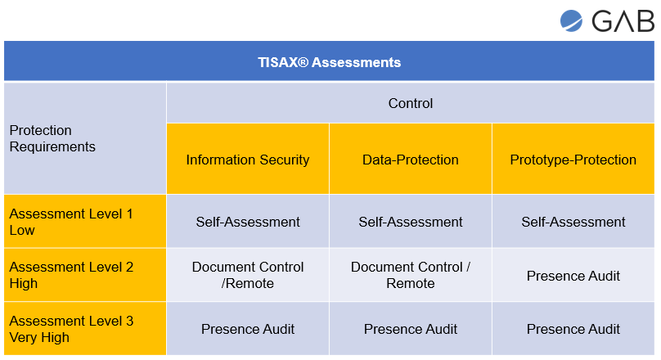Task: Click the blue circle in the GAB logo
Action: tap(571, 20)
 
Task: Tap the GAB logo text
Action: tap(623, 21)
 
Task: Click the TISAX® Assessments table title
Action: tap(329, 62)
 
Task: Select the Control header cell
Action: tap(410, 103)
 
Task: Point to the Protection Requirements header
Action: tap(52, 138)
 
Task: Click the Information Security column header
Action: tap(247, 160)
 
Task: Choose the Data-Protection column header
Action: tap(410, 160)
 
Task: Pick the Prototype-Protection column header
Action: tap(573, 160)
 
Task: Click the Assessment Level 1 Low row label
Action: tap(71, 222)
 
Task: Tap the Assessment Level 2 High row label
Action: tap(71, 275)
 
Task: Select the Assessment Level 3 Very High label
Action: tap(71, 329)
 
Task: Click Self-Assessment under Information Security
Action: tap(247, 222)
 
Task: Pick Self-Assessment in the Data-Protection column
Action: tap(410, 222)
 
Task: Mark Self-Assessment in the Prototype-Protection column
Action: tap(573, 222)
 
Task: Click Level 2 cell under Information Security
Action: tap(247, 275)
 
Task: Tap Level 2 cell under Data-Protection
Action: tap(410, 275)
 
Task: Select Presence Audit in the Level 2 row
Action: tap(573, 276)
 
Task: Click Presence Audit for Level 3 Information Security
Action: tap(247, 329)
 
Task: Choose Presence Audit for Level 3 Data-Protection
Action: tap(410, 329)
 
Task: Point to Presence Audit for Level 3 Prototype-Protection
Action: tap(573, 329)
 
